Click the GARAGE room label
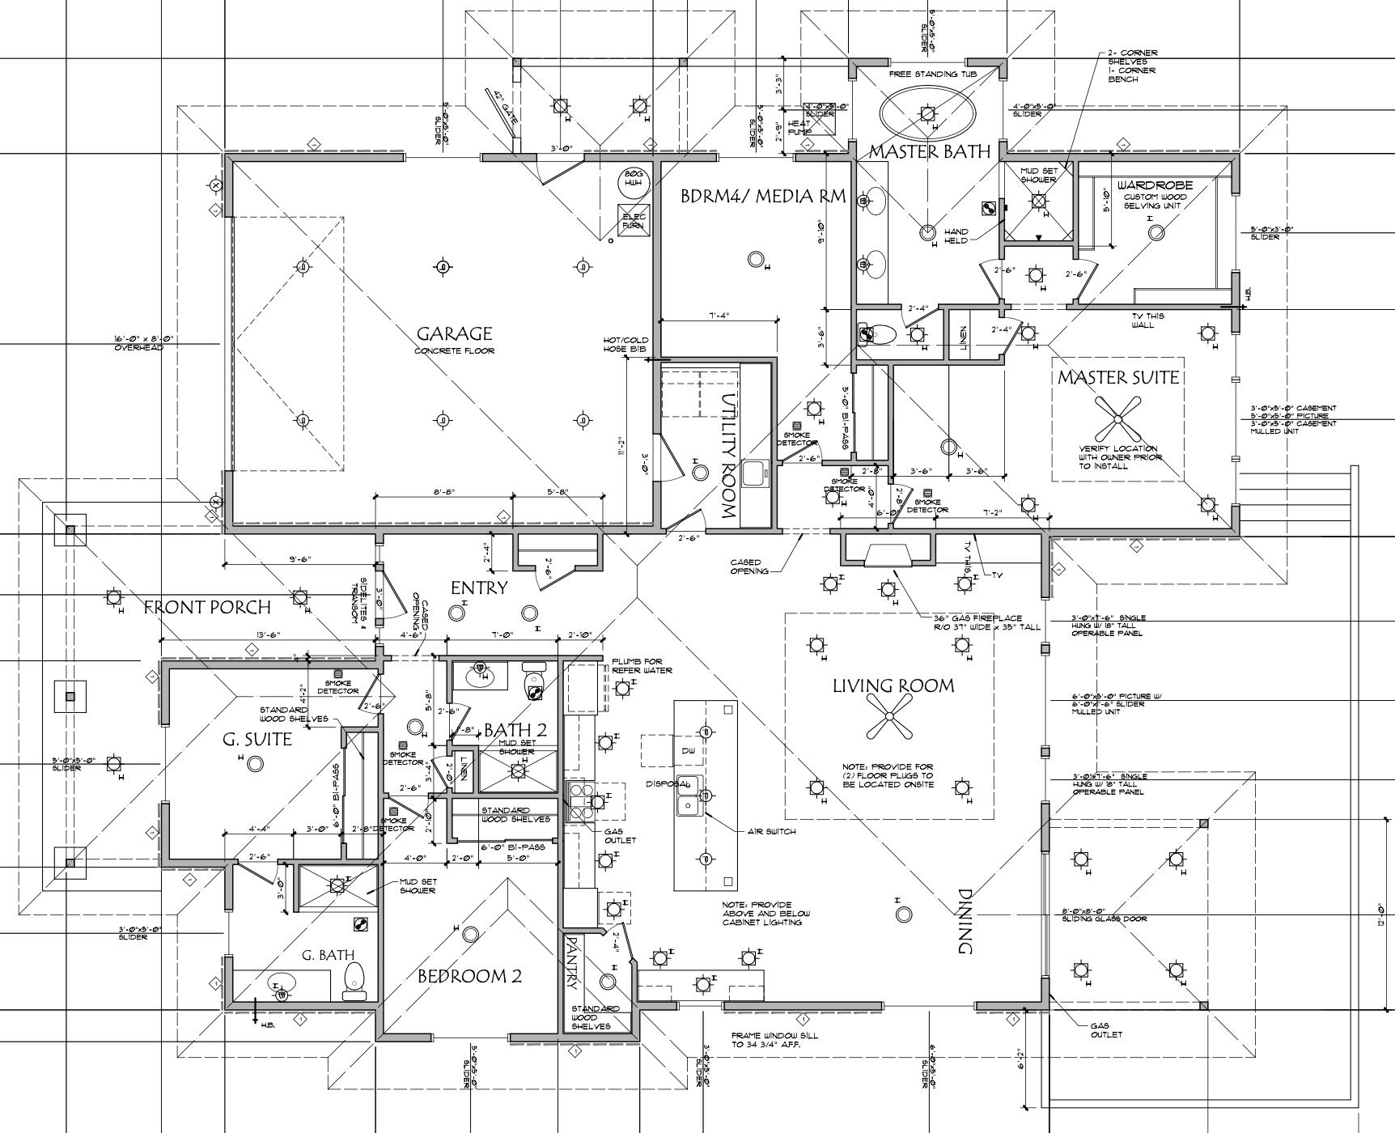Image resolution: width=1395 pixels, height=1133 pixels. coord(454,334)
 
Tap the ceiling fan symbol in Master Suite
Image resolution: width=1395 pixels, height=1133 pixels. coord(1117,418)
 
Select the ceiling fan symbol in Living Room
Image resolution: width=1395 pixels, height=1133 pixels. coord(888,716)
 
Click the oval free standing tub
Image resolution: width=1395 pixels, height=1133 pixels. coord(927,112)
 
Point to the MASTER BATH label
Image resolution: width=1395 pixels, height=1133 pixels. coord(929,151)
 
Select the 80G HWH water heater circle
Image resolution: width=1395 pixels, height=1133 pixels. coord(633,181)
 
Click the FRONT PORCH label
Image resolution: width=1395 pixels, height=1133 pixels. coord(207,607)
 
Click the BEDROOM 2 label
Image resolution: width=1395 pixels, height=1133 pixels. coord(469,976)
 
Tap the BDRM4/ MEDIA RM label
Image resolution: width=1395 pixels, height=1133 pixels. coord(762,196)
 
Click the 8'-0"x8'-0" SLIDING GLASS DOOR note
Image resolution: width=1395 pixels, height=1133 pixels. coord(1105,914)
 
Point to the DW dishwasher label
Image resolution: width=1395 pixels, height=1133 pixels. coord(688,751)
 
